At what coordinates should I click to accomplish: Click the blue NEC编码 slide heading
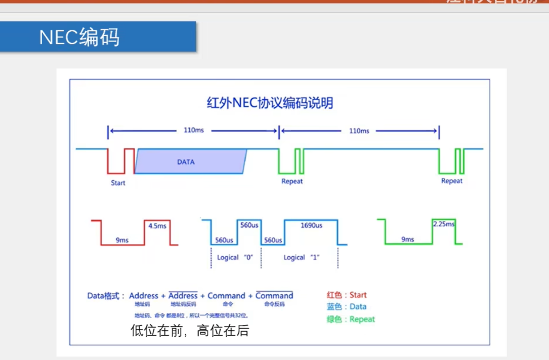tap(79, 37)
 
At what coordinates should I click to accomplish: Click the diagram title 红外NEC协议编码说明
tap(270, 103)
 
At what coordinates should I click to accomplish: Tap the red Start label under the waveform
tap(118, 183)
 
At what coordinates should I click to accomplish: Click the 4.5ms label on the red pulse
tap(157, 226)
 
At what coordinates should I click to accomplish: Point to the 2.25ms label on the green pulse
tap(443, 224)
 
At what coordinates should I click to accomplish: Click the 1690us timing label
tap(311, 225)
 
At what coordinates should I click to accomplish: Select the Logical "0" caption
tap(234, 257)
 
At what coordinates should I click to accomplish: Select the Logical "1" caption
tap(302, 257)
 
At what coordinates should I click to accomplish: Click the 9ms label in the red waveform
tap(122, 240)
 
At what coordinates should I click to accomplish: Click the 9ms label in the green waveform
tap(407, 239)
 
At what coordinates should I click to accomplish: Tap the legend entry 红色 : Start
tap(347, 295)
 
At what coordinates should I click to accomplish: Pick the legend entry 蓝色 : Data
tap(347, 306)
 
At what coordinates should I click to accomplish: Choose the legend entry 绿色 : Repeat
tap(351, 319)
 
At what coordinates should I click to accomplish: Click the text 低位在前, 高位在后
tap(190, 331)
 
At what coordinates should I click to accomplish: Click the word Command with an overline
tap(274, 296)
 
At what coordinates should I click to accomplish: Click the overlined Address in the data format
tap(183, 296)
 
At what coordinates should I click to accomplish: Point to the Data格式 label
tap(106, 296)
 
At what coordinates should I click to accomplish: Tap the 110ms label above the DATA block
tap(193, 130)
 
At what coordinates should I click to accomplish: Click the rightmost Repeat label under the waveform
tap(451, 181)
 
